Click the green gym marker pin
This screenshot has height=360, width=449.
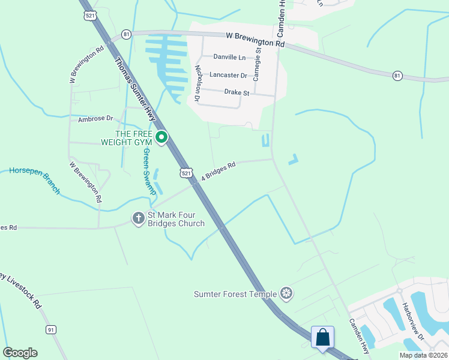click(x=161, y=138)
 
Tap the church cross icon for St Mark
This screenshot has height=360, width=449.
click(x=138, y=218)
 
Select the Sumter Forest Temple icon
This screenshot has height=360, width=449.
click(x=287, y=294)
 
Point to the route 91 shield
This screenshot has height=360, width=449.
click(x=51, y=329)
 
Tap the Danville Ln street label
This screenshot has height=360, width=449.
click(x=230, y=58)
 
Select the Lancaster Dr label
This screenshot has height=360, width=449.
click(x=229, y=75)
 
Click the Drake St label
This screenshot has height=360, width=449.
click(x=237, y=93)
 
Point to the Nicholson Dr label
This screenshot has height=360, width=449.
click(x=196, y=83)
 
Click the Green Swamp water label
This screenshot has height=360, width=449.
click(x=149, y=171)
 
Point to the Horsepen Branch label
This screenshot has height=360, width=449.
click(x=35, y=179)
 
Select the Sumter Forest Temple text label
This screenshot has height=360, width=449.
click(x=235, y=294)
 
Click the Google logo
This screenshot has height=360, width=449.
click(x=20, y=353)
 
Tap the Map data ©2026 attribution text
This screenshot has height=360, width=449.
click(x=423, y=355)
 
